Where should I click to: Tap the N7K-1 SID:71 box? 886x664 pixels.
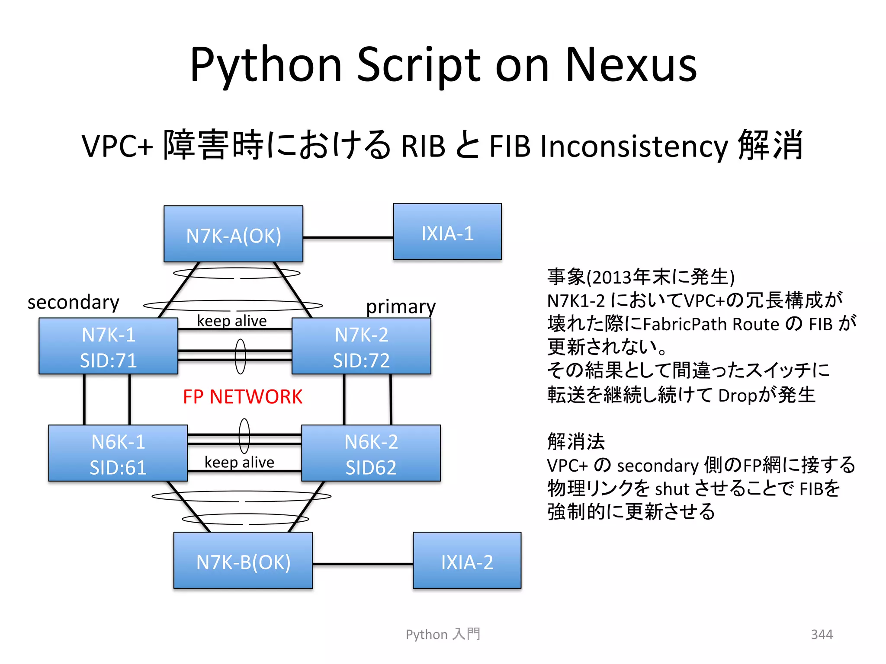[108, 346]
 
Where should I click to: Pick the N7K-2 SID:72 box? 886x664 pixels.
[361, 346]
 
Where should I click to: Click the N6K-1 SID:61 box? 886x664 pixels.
[118, 453]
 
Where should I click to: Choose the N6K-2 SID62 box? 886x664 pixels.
[371, 453]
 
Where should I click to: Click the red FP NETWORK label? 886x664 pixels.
[242, 397]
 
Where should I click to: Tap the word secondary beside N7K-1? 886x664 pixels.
[73, 302]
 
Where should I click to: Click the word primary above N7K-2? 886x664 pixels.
[401, 307]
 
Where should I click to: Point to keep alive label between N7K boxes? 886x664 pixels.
[232, 321]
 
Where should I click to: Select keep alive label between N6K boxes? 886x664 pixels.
[239, 462]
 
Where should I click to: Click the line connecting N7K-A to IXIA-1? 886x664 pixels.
[348, 237]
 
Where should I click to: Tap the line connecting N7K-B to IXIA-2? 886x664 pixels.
[363, 564]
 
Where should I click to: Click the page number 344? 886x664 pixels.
[822, 634]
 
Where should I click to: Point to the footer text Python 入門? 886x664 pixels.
[443, 634]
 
